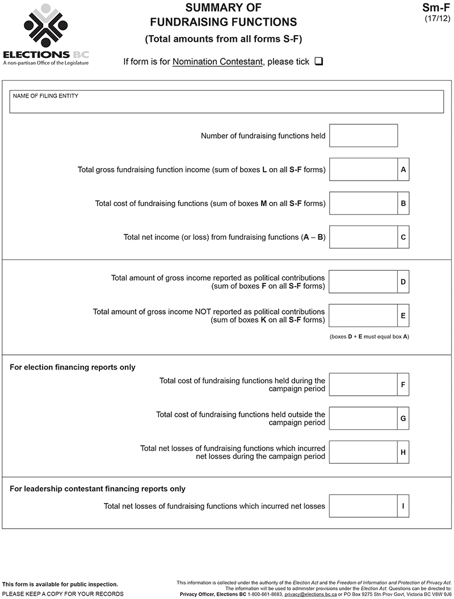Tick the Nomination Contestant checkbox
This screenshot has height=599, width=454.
click(x=318, y=61)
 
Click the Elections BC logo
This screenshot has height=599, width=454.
click(x=45, y=34)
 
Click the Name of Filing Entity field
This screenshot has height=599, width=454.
click(x=226, y=102)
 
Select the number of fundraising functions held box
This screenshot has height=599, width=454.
click(x=363, y=136)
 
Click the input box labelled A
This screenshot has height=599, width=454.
click(x=363, y=170)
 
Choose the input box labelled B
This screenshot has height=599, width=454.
click(x=363, y=203)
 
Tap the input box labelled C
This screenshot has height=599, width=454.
click(x=363, y=237)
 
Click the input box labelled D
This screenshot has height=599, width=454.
click(x=363, y=282)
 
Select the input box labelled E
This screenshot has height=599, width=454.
click(x=363, y=316)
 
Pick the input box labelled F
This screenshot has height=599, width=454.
click(x=363, y=384)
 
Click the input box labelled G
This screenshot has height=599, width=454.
click(x=363, y=418)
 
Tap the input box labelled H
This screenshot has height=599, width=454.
click(x=363, y=452)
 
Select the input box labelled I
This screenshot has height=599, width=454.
click(x=363, y=506)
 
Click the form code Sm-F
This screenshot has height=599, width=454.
click(x=436, y=8)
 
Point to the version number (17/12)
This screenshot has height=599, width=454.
click(x=438, y=19)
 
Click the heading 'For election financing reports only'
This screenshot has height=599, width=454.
click(x=73, y=367)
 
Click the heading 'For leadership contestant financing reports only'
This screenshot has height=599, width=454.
click(x=98, y=489)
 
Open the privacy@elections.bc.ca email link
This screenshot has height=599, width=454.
click(x=310, y=594)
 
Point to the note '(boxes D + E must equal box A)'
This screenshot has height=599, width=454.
click(x=369, y=337)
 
